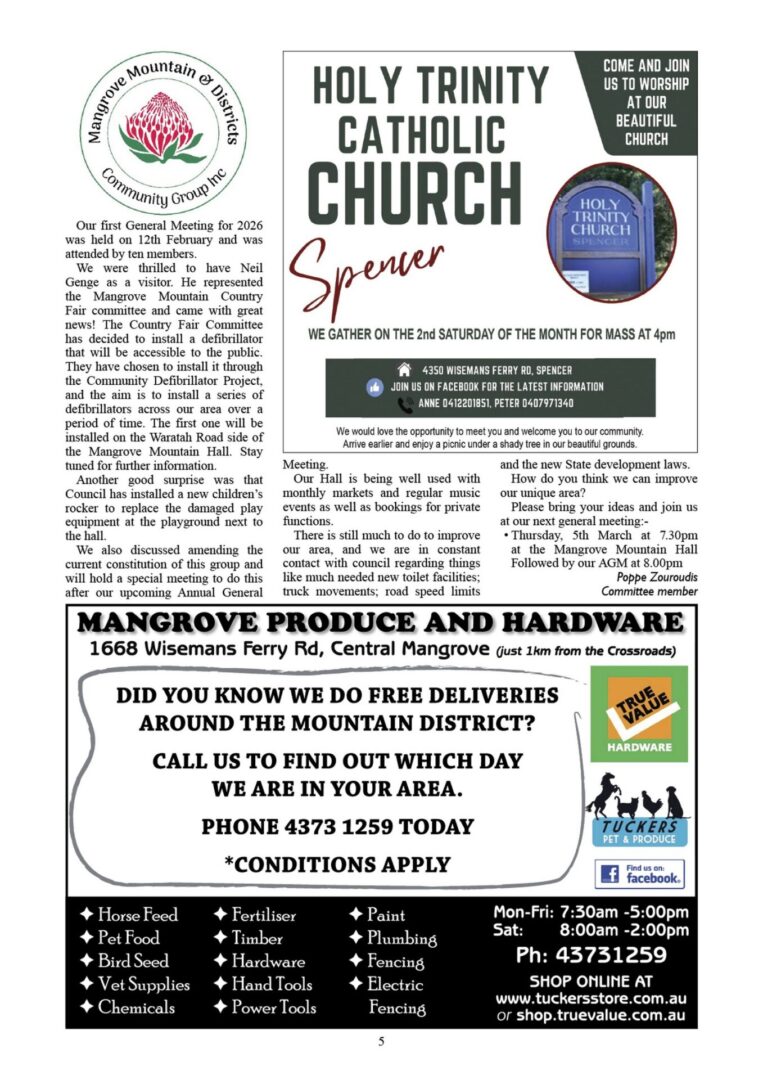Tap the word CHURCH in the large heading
(x=415, y=189)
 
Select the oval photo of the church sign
(x=612, y=231)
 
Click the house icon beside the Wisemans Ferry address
(x=404, y=367)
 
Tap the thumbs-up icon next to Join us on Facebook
(x=376, y=386)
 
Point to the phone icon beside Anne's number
(x=405, y=404)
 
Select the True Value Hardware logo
(x=638, y=712)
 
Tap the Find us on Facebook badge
(x=639, y=874)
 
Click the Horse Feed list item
(x=130, y=915)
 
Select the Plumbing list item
(x=392, y=938)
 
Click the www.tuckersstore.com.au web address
(x=591, y=998)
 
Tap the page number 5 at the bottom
(x=381, y=1042)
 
